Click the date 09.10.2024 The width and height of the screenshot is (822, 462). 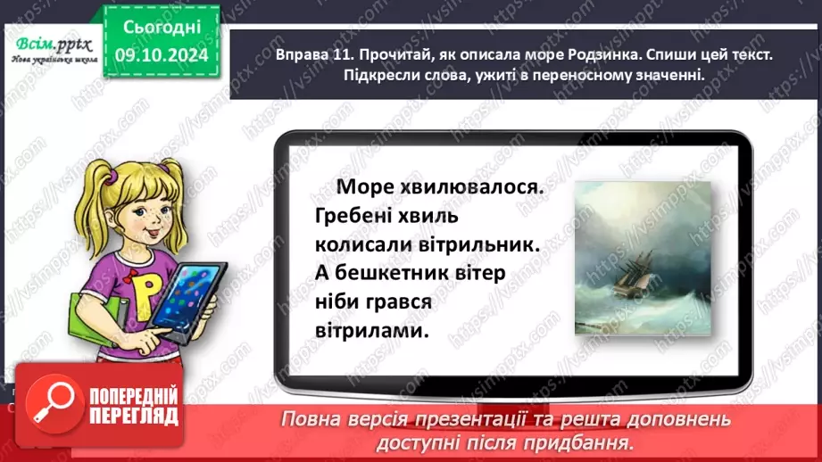point(162,54)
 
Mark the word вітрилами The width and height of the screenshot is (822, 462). point(366,331)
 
